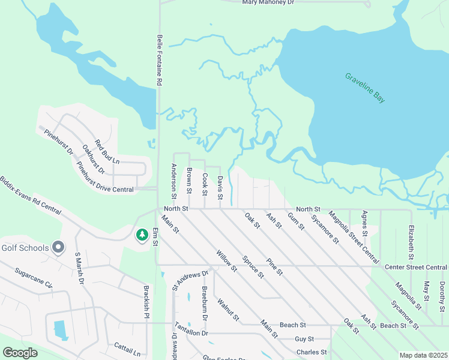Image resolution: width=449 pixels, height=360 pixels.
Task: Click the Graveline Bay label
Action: pyautogui.click(x=365, y=88)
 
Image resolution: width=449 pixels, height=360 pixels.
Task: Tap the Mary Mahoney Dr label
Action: pyautogui.click(x=268, y=3)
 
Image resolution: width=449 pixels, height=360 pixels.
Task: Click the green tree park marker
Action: pyautogui.click(x=142, y=235)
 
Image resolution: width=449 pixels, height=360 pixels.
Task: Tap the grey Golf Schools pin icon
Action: pyautogui.click(x=58, y=246)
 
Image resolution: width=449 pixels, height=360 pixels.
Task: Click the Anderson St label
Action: pyautogui.click(x=174, y=181)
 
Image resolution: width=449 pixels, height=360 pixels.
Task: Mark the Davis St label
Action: pyautogui.click(x=221, y=188)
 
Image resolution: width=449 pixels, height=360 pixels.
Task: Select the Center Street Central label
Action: pyautogui.click(x=416, y=267)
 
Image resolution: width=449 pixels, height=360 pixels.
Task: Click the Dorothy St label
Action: pyautogui.click(x=442, y=291)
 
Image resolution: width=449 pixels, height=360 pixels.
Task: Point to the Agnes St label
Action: pyautogui.click(x=364, y=223)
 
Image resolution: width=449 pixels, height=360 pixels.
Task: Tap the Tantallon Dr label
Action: pyautogui.click(x=191, y=329)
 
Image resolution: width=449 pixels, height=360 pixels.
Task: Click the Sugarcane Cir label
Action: pyautogui.click(x=34, y=277)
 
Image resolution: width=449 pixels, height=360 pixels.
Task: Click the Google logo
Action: pyautogui.click(x=20, y=353)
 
